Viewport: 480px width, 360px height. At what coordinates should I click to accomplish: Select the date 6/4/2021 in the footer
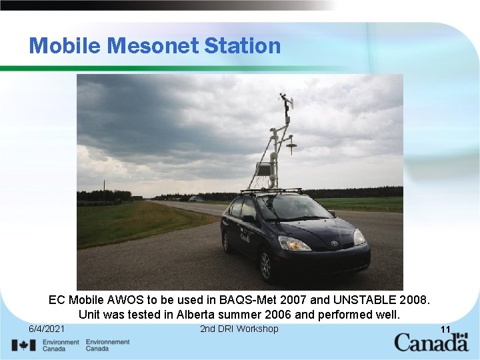[47, 329]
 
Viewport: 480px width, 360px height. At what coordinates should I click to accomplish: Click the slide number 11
[445, 329]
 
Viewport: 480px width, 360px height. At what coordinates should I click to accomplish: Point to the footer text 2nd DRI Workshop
[239, 329]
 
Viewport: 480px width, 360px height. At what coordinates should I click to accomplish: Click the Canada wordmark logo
[431, 343]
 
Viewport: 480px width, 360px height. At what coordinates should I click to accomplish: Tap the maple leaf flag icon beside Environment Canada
[23, 345]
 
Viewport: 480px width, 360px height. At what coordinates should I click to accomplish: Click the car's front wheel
[266, 265]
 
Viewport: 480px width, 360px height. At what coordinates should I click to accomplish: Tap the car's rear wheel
[226, 241]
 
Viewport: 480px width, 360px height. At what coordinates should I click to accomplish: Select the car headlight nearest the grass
[294, 243]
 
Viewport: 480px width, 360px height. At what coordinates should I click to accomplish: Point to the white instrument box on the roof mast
[264, 168]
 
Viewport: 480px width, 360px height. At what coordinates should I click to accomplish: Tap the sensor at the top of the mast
[287, 102]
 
